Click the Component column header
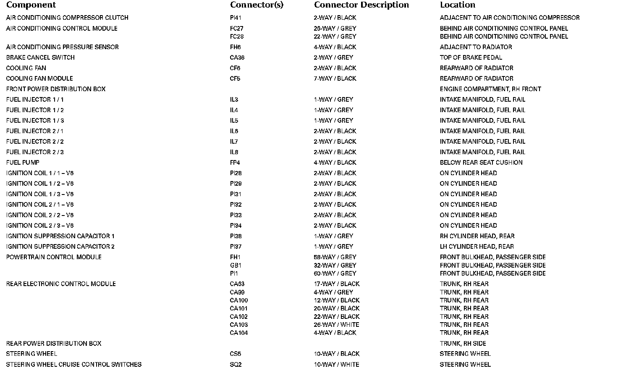click(x=31, y=5)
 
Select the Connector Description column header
click(x=361, y=5)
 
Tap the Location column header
click(x=457, y=5)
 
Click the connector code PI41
click(x=236, y=18)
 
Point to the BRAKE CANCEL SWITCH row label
click(x=40, y=58)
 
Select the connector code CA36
click(x=237, y=58)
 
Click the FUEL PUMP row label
click(x=23, y=163)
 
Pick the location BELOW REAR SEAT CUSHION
click(x=481, y=163)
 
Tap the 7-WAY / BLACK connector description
click(x=335, y=79)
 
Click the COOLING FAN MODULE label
click(x=39, y=79)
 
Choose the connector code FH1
click(x=235, y=257)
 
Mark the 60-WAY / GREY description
click(x=335, y=273)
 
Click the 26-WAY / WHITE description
click(x=336, y=325)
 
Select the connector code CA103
click(x=238, y=325)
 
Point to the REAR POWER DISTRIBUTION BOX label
click(x=54, y=344)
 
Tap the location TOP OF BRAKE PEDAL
click(x=471, y=58)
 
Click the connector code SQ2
click(x=236, y=365)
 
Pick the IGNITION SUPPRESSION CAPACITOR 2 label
click(x=60, y=247)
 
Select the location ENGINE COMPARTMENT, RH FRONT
click(x=490, y=89)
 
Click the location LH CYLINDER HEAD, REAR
click(x=477, y=247)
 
